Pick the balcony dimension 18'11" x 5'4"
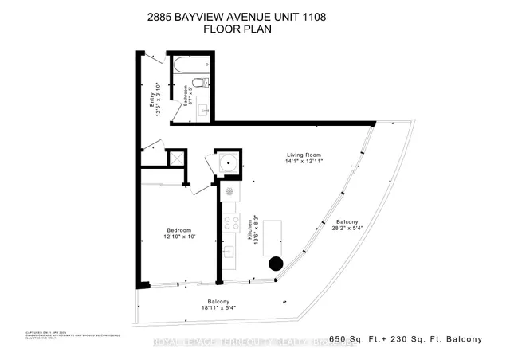(214, 308)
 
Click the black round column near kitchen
(275, 264)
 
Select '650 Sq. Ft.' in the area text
(356, 340)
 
